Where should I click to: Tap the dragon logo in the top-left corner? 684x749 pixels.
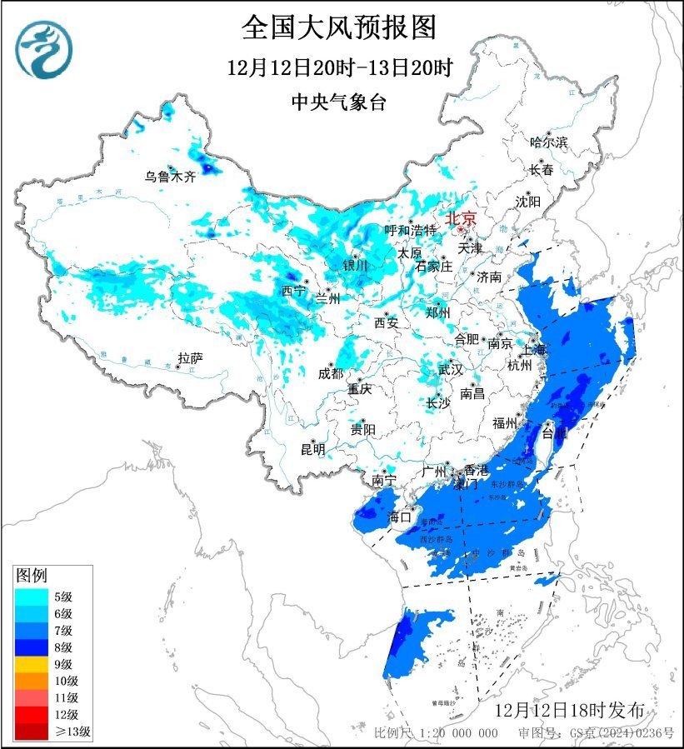pyautogui.click(x=45, y=50)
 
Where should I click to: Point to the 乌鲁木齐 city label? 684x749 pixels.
pyautogui.click(x=169, y=177)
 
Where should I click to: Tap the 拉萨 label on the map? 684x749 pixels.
pyautogui.click(x=190, y=358)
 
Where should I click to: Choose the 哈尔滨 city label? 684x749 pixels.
pyautogui.click(x=548, y=142)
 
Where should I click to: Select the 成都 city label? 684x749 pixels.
pyautogui.click(x=330, y=373)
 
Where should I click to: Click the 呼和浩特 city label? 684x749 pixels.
pyautogui.click(x=410, y=230)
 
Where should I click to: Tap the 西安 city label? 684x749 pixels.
pyautogui.click(x=386, y=322)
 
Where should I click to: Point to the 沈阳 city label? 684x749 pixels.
pyautogui.click(x=527, y=202)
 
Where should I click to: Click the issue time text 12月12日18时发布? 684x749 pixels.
pyautogui.click(x=569, y=711)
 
